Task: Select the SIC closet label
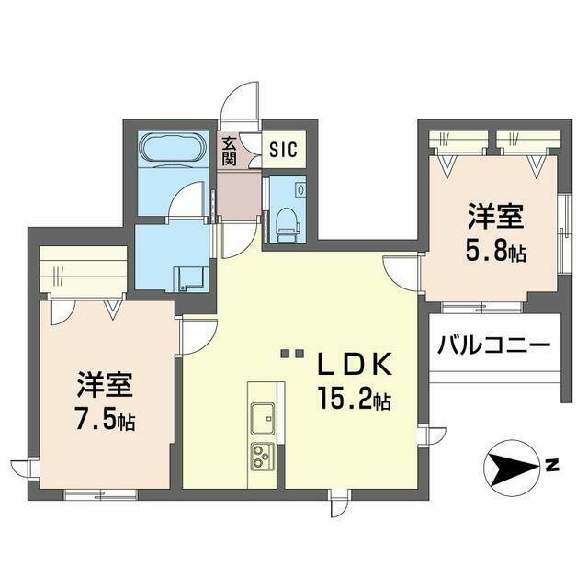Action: [282, 151]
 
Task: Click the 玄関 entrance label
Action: [229, 150]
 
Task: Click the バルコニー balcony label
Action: [493, 345]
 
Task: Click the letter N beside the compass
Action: [553, 466]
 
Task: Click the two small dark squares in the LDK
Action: [291, 353]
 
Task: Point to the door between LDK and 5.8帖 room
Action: [401, 271]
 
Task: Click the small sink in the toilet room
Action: [300, 187]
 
